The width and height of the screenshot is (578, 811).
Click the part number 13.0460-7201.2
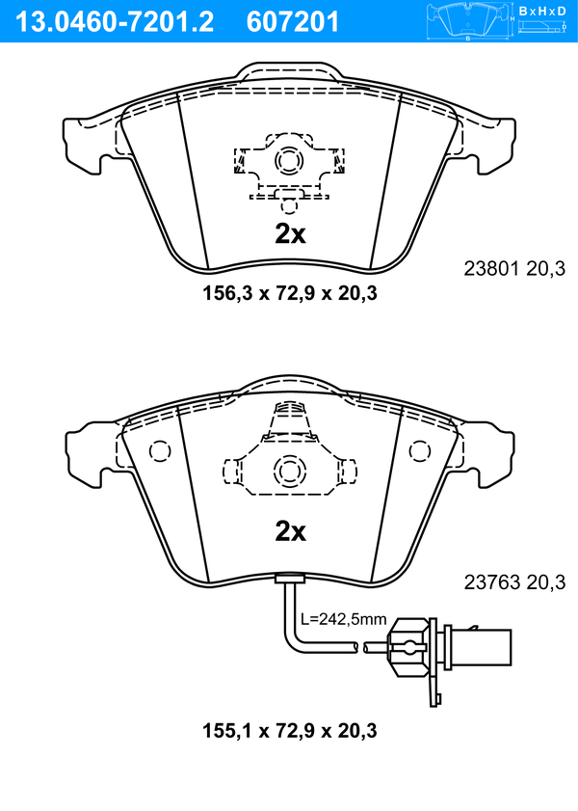tap(115, 22)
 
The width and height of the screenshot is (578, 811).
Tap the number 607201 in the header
tap(292, 22)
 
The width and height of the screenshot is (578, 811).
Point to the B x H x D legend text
tap(542, 11)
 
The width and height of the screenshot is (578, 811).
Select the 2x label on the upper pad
tap(290, 234)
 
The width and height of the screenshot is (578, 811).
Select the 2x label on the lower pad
tap(290, 531)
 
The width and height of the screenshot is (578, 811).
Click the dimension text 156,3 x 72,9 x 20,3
tap(290, 294)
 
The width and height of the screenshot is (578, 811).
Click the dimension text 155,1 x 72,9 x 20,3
tap(290, 731)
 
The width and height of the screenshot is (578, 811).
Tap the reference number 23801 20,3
tap(514, 269)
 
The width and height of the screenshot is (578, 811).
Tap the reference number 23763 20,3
tap(514, 582)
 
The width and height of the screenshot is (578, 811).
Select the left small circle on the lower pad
tap(160, 451)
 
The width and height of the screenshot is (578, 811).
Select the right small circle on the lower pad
tap(419, 451)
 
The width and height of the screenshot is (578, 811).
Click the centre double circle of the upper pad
tap(289, 161)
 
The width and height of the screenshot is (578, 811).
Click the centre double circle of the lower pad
tap(289, 471)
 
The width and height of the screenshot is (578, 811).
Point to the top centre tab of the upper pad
tap(289, 70)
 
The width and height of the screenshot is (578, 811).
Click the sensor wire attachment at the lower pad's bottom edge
tap(289, 579)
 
